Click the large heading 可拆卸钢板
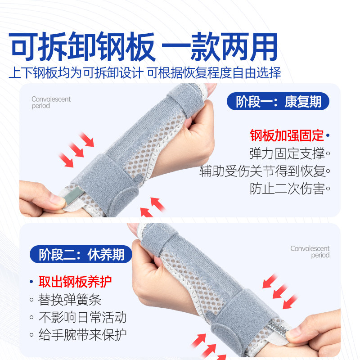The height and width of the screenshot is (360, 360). pyautogui.click(x=82, y=46)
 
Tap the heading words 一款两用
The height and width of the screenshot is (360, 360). pyautogui.click(x=220, y=46)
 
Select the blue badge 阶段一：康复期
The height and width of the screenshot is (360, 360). pyautogui.click(x=279, y=102)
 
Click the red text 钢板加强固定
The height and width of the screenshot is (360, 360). pyautogui.click(x=287, y=135)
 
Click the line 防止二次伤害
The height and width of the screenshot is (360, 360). pyautogui.click(x=287, y=189)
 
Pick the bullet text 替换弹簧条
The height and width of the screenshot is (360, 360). pyautogui.click(x=70, y=300)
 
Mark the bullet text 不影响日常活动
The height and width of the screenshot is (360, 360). pyautogui.click(x=82, y=317)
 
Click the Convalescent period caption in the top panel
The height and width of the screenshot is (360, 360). pyautogui.click(x=51, y=103)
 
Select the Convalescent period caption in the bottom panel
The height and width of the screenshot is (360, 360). pyautogui.click(x=310, y=252)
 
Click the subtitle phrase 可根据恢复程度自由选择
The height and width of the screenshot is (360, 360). pyautogui.click(x=215, y=73)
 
